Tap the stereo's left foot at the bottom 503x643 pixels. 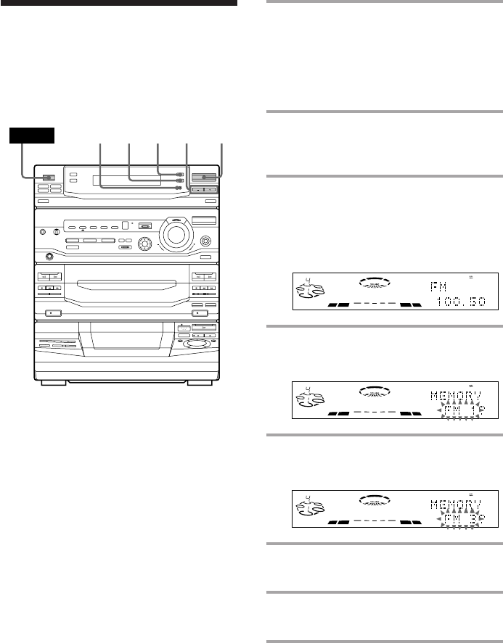(55, 383)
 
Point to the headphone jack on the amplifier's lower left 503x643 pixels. (49, 255)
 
